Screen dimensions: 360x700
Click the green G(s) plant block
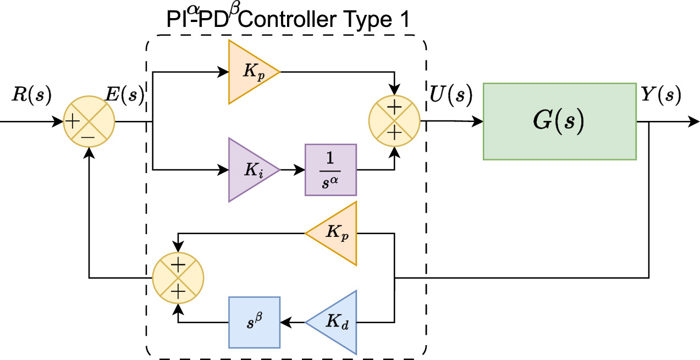point(559,121)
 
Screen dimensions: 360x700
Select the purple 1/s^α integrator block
point(330,170)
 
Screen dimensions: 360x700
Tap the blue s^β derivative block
point(254,322)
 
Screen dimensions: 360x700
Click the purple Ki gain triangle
point(250,170)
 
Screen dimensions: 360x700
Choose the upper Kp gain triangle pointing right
point(250,72)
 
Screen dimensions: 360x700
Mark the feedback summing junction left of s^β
point(178,278)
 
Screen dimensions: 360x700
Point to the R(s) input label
point(31,96)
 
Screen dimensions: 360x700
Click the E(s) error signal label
point(125,96)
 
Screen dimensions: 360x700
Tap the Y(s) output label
point(661,96)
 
